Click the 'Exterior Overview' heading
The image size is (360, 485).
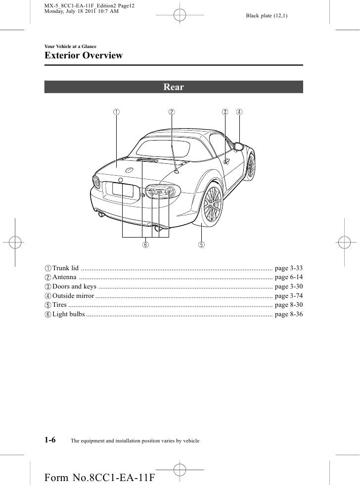[x=84, y=55]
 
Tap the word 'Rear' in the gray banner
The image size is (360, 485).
[x=174, y=87]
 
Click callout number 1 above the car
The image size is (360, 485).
[x=116, y=112]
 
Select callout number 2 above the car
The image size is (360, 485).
[x=172, y=112]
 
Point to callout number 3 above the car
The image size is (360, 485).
[x=225, y=112]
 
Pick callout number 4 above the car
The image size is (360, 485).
[x=239, y=112]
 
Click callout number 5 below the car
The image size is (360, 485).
[x=202, y=244]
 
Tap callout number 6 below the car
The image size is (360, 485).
[x=146, y=244]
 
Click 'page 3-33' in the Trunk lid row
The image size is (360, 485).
[x=288, y=268]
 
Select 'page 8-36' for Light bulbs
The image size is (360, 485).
[x=288, y=314]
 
